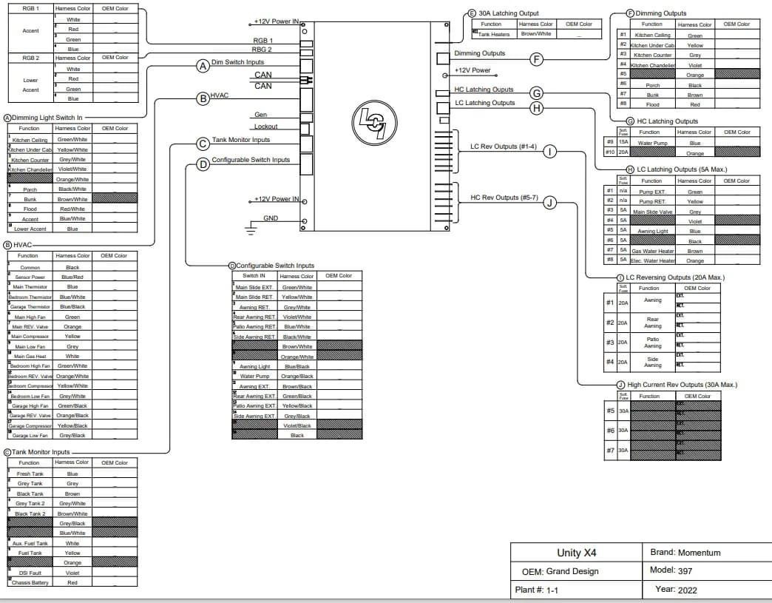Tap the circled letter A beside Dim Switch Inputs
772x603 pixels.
pos(202,66)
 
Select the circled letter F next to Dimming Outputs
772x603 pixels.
pos(537,59)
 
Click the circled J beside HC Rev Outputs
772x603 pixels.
pos(549,202)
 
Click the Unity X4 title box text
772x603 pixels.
pos(576,553)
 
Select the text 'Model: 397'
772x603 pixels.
pos(671,570)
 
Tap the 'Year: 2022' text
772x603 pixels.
pos(675,590)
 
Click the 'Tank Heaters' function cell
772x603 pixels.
pos(494,34)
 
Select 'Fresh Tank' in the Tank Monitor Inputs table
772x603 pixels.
pos(30,474)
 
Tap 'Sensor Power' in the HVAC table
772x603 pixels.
pos(30,277)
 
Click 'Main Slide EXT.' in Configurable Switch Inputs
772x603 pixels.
pos(253,287)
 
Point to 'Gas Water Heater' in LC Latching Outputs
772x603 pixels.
pos(652,251)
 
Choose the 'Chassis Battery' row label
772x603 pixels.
pos(30,583)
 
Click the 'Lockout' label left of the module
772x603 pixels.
pos(265,127)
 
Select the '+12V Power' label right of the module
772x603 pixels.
pos(473,70)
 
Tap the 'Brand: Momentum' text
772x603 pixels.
pos(685,552)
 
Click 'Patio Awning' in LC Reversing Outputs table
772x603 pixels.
pos(652,343)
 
